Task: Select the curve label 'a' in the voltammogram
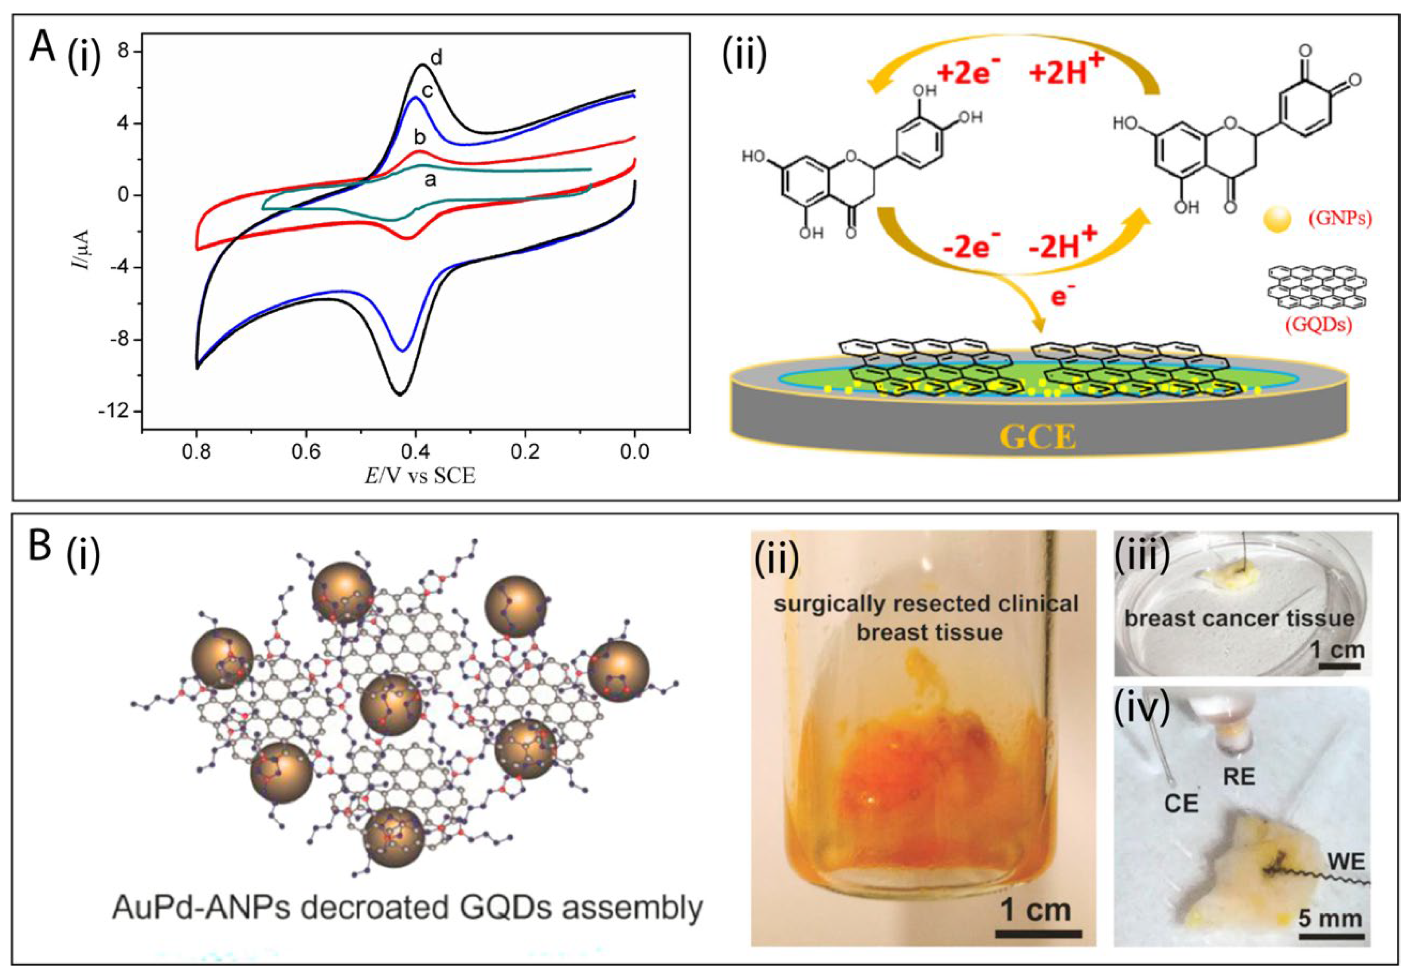[431, 181]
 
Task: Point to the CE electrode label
[1180, 803]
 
